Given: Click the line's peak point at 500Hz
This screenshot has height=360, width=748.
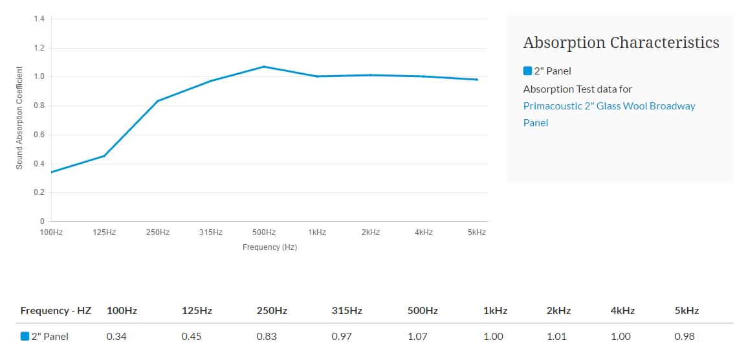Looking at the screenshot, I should tap(264, 67).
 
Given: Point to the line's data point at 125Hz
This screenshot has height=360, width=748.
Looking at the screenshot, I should tap(104, 156).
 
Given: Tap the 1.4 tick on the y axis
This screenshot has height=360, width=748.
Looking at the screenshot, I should tap(39, 19).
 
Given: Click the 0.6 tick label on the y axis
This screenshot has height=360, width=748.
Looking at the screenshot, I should tap(39, 135).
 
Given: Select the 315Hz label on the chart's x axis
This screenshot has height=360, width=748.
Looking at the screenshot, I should tap(211, 232).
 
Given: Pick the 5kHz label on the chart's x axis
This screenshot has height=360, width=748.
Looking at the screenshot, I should tap(477, 232).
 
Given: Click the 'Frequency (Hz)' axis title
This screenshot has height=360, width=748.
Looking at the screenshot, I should tap(270, 247).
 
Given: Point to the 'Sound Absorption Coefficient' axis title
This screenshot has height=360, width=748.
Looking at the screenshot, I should tap(19, 118).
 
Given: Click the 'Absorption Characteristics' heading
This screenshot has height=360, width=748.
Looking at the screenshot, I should tap(621, 43).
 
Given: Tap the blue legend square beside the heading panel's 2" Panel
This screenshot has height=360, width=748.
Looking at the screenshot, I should tap(527, 71).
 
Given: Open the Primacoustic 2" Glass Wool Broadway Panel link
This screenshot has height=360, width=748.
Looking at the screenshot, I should tap(609, 114).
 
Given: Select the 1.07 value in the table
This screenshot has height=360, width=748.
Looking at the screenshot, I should tap(418, 337).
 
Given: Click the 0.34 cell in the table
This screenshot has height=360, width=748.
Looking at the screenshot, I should tap(116, 337).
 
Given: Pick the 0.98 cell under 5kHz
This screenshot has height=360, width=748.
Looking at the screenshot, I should tap(684, 337).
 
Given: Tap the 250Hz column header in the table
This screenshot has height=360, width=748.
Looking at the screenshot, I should tap(272, 311).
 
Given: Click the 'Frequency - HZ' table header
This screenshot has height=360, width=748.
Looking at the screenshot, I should tap(56, 311).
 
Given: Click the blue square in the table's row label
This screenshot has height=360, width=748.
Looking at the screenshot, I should tap(25, 337).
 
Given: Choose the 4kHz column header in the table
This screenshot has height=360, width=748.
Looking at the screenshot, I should tap(622, 311).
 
